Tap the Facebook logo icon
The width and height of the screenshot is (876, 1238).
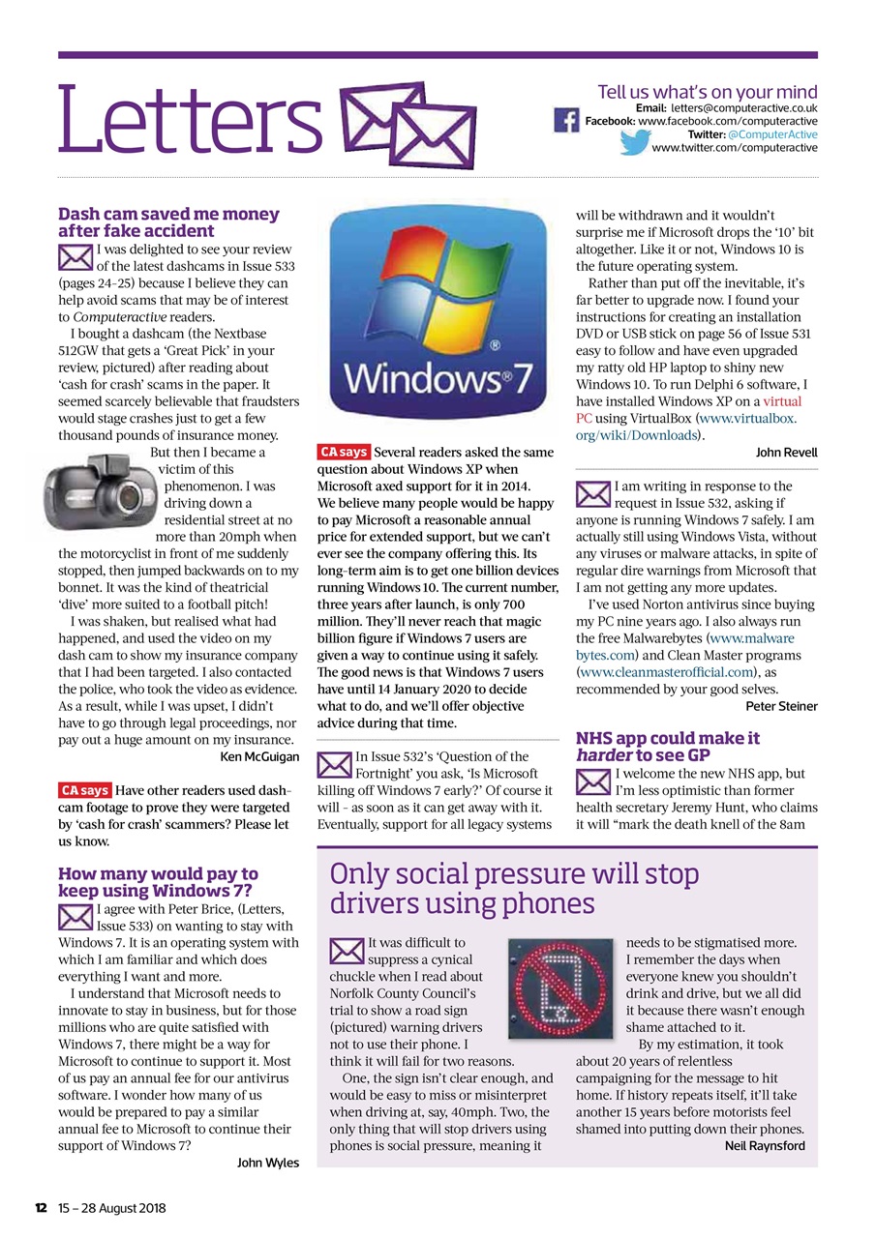pyautogui.click(x=566, y=121)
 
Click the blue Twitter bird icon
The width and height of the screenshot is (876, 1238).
pyautogui.click(x=635, y=142)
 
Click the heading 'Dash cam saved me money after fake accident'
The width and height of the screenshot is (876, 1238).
pyautogui.click(x=168, y=222)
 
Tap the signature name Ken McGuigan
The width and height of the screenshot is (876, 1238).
pyautogui.click(x=260, y=756)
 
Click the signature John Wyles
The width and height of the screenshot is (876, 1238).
pyautogui.click(x=268, y=1163)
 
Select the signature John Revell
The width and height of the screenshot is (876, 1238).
pyautogui.click(x=786, y=453)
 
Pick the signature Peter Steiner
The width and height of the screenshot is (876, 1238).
pyautogui.click(x=781, y=706)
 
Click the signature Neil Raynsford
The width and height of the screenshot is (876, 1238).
pyautogui.click(x=765, y=1146)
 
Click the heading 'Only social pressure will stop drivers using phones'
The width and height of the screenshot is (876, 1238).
pyautogui.click(x=514, y=889)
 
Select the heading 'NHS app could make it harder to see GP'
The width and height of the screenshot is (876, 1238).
pyautogui.click(x=667, y=747)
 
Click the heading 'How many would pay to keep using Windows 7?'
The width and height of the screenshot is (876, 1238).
pyautogui.click(x=158, y=882)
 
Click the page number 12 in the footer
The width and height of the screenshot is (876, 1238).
pyautogui.click(x=42, y=1208)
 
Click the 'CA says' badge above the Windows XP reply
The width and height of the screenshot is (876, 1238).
pyautogui.click(x=344, y=452)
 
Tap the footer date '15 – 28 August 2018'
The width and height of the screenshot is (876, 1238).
pyautogui.click(x=111, y=1208)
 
